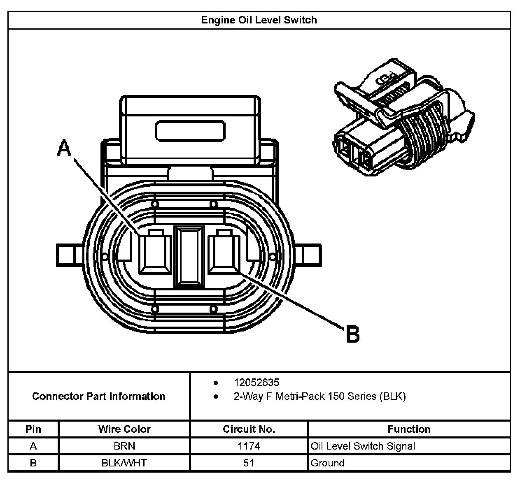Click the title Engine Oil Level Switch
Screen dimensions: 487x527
pyautogui.click(x=259, y=20)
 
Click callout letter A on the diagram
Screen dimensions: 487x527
pyautogui.click(x=64, y=148)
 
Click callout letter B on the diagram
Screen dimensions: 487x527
pyautogui.click(x=352, y=334)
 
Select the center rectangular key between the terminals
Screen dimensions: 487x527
pyautogui.click(x=189, y=256)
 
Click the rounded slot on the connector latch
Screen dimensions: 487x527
pyautogui.click(x=190, y=131)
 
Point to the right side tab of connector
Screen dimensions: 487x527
pyautogui.click(x=310, y=255)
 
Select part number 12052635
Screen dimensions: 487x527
pyautogui.click(x=256, y=383)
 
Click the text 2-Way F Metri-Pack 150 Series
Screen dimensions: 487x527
pyautogui.click(x=319, y=397)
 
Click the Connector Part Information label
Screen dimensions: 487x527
pyautogui.click(x=99, y=397)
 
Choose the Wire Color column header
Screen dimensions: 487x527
pyautogui.click(x=124, y=429)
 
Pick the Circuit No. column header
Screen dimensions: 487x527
pyautogui.click(x=249, y=429)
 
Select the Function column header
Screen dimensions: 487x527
pyautogui.click(x=409, y=429)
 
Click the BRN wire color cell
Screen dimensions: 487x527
pyautogui.click(x=124, y=446)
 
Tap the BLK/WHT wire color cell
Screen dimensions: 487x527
pyautogui.click(x=124, y=463)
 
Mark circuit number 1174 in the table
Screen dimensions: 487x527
pyautogui.click(x=249, y=446)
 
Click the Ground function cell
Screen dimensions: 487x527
pyautogui.click(x=327, y=463)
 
